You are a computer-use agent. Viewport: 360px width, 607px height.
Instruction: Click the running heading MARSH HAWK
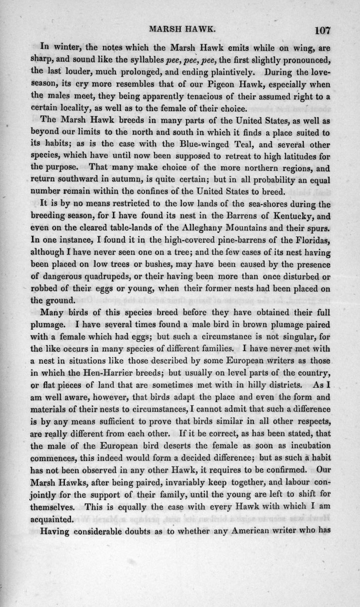pyautogui.click(x=187, y=29)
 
